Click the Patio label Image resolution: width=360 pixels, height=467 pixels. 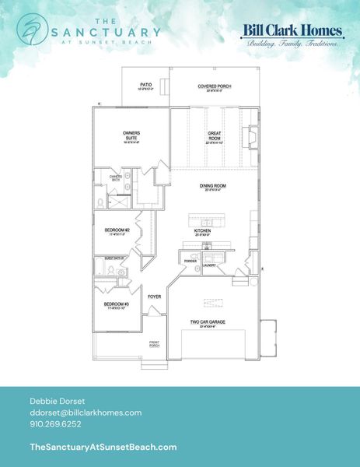[x=145, y=86]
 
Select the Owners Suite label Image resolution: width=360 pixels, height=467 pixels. [x=131, y=135]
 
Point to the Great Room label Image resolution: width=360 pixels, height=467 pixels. [x=215, y=136]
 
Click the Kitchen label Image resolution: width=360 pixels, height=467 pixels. [x=204, y=231]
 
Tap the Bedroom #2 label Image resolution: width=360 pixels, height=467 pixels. [x=116, y=231]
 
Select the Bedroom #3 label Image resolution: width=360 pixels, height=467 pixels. [x=116, y=304]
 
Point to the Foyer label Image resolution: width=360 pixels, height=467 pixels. [x=155, y=297]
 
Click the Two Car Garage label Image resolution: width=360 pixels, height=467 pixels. [x=208, y=323]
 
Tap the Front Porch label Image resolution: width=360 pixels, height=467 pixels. [x=155, y=343]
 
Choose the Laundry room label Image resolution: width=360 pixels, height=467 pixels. [x=209, y=265]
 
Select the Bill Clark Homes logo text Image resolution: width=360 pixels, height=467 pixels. [x=292, y=31]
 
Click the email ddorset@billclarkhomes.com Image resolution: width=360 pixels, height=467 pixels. [x=85, y=412]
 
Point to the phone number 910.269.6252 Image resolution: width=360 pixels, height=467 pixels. [x=55, y=425]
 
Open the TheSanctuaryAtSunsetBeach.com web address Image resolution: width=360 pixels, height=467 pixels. [x=102, y=447]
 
